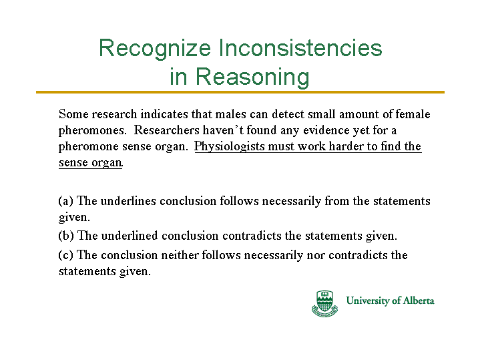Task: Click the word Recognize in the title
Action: [x=155, y=48]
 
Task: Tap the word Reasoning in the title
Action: [x=252, y=77]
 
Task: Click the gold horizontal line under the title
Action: [x=240, y=92]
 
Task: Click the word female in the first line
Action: [x=413, y=114]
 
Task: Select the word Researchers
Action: [x=166, y=130]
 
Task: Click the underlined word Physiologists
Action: [x=230, y=147]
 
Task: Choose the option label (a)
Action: [x=66, y=201]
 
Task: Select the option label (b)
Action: [x=66, y=236]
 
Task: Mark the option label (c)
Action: [x=65, y=255]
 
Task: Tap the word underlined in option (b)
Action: [x=130, y=236]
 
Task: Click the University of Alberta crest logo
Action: [x=324, y=303]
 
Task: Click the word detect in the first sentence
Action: [x=288, y=114]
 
